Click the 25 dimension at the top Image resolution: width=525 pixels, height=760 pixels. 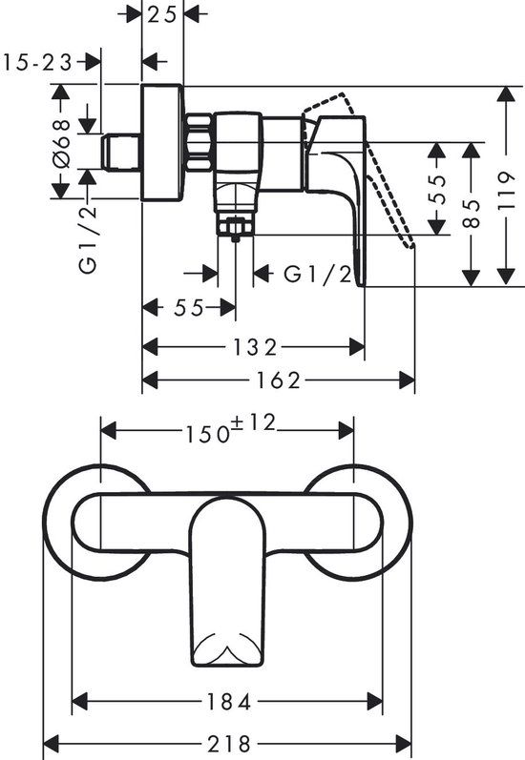pos(162,15)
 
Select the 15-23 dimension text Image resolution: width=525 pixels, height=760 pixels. pos(38,62)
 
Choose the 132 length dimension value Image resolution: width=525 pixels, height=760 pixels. pos(255,346)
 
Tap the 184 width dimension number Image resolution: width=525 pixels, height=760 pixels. pos(228,704)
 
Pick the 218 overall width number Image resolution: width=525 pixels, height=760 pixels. pos(229,743)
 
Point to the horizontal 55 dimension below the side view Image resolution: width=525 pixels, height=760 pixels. pos(189,308)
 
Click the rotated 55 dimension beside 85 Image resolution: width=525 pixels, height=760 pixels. pos(436,189)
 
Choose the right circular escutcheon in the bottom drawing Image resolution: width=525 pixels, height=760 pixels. pos(372,520)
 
